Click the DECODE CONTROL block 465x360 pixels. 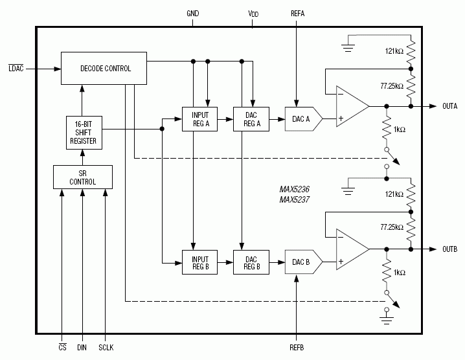tap(104, 68)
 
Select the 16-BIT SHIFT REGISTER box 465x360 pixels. tap(82, 132)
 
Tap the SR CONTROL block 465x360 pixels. tap(82, 177)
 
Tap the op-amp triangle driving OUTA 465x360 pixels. tap(350, 106)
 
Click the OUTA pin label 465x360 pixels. tap(449, 106)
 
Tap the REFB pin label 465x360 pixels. tap(296, 348)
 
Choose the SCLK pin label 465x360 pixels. tap(106, 348)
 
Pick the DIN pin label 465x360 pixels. tap(82, 348)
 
